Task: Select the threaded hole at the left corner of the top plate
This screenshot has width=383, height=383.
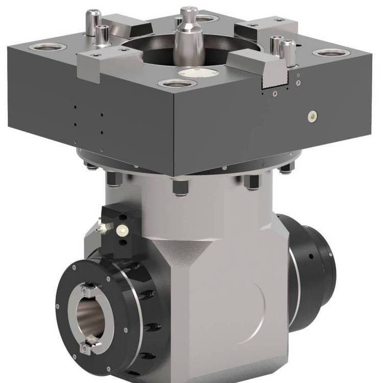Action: tap(47, 47)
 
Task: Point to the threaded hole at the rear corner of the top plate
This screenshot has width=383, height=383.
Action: tap(206, 19)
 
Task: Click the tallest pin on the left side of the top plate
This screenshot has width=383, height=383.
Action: tap(92, 23)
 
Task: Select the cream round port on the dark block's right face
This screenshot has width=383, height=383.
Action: tap(311, 116)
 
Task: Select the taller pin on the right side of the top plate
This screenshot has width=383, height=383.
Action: tap(289, 52)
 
